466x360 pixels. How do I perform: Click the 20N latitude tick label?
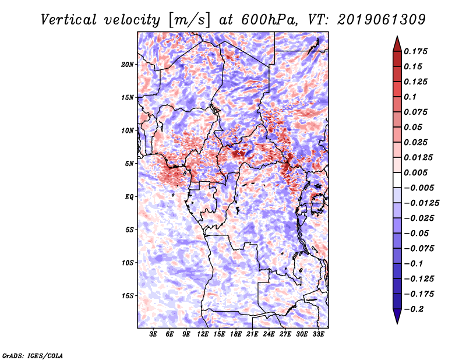(x=128, y=64)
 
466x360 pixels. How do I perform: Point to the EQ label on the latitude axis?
(x=129, y=197)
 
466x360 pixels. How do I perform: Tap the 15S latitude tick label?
(x=128, y=296)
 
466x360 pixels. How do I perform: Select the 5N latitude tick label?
(x=129, y=164)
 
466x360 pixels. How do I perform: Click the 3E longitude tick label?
(x=154, y=334)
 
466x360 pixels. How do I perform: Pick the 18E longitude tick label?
(x=236, y=334)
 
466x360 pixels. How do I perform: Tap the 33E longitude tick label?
(x=318, y=334)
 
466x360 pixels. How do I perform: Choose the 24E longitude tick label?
(x=269, y=334)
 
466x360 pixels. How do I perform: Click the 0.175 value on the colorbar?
(x=418, y=51)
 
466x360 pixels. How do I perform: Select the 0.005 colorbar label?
(x=418, y=172)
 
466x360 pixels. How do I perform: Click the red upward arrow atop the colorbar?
(x=397, y=43)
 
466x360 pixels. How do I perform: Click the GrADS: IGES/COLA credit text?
(x=32, y=355)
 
